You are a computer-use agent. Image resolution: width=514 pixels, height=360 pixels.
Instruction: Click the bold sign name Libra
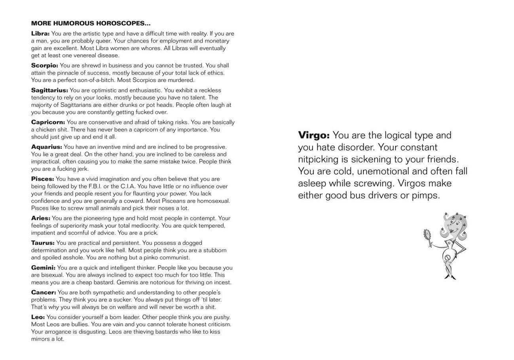tap(40, 34)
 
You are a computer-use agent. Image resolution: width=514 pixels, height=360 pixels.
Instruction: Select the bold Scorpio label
tap(45, 65)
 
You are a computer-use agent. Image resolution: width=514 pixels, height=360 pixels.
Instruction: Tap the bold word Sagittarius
tap(49, 90)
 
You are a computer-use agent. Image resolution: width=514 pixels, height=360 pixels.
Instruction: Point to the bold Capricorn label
tap(48, 122)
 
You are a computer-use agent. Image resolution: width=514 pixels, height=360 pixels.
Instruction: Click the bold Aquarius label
tap(47, 147)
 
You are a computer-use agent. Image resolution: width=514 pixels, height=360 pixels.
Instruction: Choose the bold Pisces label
tap(43, 179)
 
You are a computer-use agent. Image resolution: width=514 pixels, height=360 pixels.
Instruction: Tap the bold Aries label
tap(41, 218)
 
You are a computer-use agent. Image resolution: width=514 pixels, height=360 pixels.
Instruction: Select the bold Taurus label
tap(43, 243)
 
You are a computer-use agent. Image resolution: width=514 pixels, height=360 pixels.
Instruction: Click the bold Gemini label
tap(43, 268)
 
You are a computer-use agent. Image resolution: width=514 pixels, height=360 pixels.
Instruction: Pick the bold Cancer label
tap(44, 292)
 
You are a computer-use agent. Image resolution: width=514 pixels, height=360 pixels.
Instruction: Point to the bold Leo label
tap(38, 317)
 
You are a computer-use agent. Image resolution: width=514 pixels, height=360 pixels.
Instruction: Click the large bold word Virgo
tap(314, 135)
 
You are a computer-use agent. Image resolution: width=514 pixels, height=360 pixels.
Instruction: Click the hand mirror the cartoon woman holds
tap(427, 236)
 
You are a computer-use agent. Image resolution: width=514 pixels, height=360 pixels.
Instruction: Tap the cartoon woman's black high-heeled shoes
tap(450, 277)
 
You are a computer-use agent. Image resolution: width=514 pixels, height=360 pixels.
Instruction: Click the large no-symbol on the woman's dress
tap(448, 258)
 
